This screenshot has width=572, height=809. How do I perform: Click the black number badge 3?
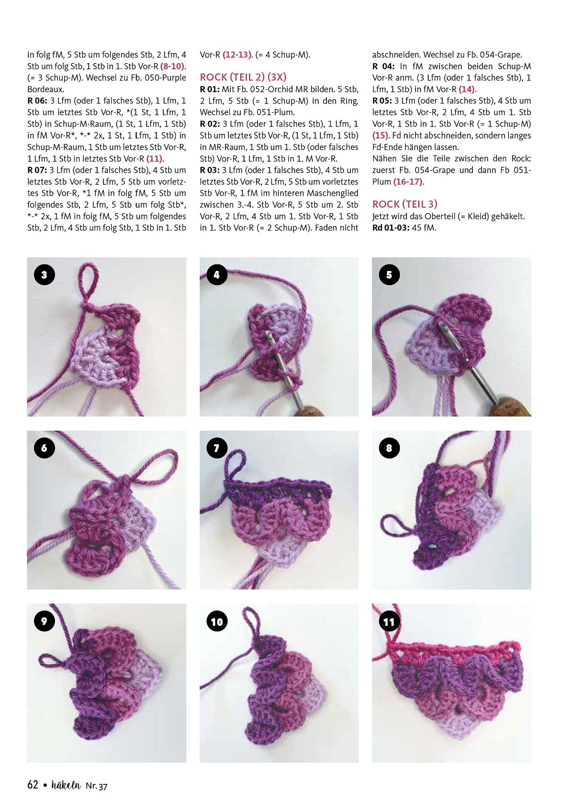tap(44, 275)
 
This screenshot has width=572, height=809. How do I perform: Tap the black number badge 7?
tap(217, 448)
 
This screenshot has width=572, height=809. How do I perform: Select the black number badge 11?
tap(390, 621)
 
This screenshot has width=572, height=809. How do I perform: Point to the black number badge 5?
tap(390, 275)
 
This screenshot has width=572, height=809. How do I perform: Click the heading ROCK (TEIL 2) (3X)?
tap(243, 77)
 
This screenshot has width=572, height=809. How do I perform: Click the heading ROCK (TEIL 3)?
tap(405, 204)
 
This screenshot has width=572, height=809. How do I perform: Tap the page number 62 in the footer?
tap(33, 785)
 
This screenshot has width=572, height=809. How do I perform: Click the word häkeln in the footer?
tap(66, 785)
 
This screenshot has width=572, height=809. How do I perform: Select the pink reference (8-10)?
tap(172, 67)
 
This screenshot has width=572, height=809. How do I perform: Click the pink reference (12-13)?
tap(237, 55)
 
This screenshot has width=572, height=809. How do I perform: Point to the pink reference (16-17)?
tap(408, 182)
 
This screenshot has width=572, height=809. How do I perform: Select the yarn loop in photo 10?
tap(253, 622)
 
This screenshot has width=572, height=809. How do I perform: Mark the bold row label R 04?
tap(384, 67)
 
